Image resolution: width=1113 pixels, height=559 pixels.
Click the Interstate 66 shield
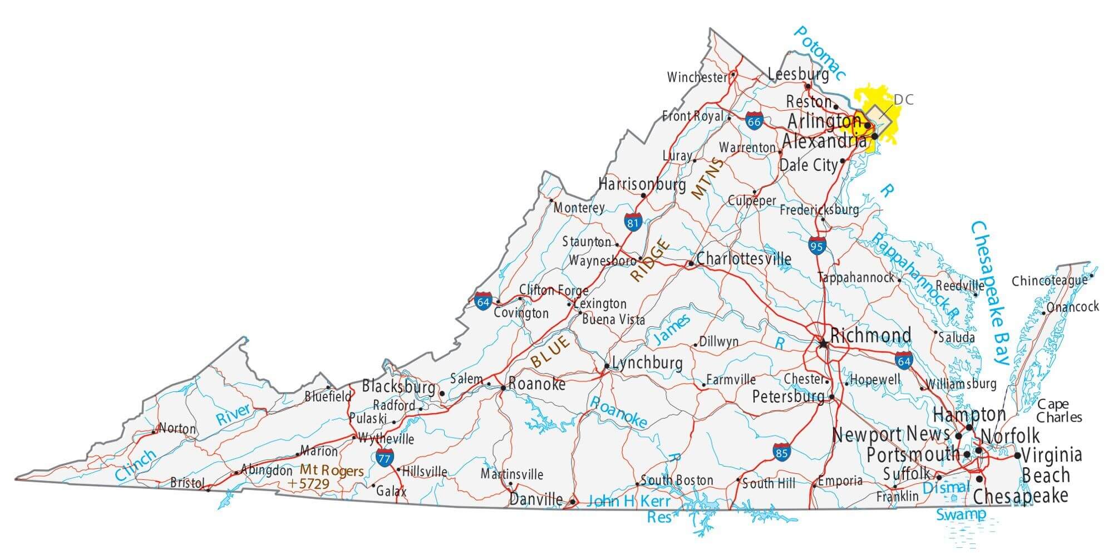point(754,121)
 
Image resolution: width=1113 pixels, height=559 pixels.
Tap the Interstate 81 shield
point(633,222)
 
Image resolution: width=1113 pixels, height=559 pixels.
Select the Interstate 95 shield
point(817,246)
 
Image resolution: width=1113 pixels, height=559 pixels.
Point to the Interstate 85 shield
point(781,452)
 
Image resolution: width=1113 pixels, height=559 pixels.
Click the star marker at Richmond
point(823,344)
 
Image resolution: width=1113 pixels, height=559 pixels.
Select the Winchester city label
point(697,77)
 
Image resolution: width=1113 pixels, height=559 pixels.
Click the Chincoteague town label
point(1049,281)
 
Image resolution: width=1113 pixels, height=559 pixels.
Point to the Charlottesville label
point(743,259)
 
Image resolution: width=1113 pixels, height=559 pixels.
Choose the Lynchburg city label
point(647,363)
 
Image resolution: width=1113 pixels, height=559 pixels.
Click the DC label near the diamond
point(903,100)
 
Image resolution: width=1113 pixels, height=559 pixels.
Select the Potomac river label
point(819,53)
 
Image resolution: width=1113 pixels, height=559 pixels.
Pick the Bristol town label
point(188,482)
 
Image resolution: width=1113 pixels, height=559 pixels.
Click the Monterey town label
point(579,208)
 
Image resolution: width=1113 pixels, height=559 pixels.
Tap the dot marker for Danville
point(573,502)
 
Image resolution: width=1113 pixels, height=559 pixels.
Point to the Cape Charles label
point(1058,410)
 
